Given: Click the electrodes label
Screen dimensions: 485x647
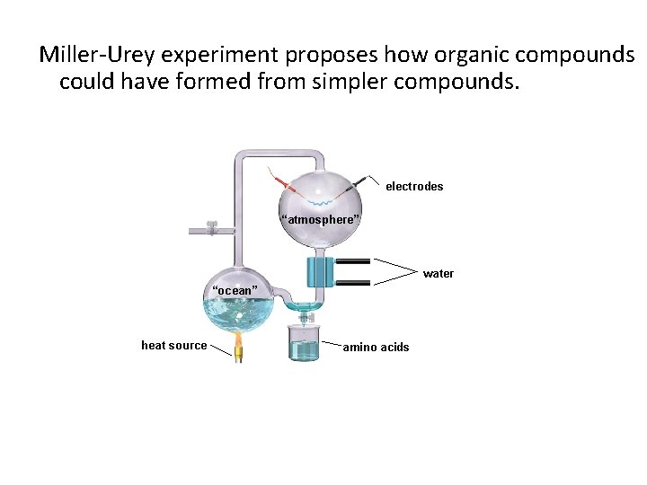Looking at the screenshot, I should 414,187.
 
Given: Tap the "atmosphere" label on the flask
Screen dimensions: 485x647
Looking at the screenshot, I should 321,220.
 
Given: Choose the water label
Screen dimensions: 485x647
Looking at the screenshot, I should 439,274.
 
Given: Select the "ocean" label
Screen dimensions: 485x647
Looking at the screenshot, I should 235,290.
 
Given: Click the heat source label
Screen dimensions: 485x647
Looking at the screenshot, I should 174,346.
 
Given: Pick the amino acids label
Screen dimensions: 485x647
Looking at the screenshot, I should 376,348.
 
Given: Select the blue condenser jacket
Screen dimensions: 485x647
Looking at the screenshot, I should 320,271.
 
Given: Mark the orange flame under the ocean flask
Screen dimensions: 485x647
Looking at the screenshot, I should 240,342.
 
